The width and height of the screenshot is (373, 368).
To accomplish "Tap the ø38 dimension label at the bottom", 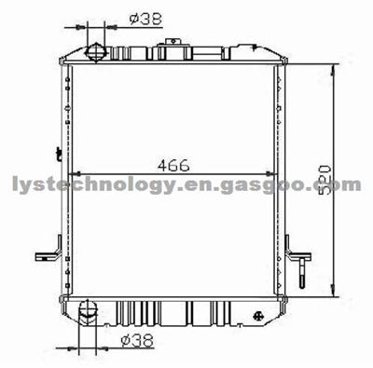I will (138, 342).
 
